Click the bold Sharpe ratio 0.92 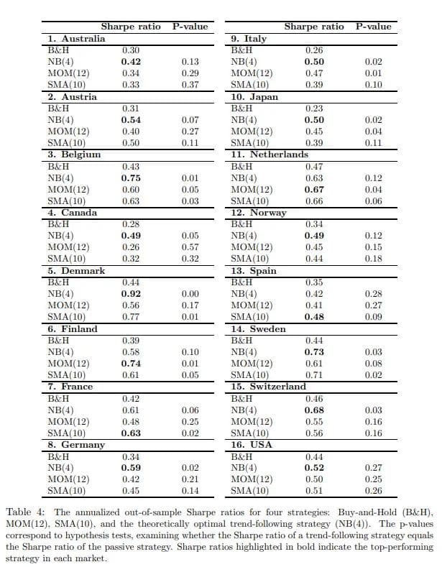(131, 294)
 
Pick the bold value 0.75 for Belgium (131, 178)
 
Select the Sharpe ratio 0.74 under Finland (131, 364)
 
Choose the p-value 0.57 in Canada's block (190, 247)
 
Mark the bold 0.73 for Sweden (314, 351)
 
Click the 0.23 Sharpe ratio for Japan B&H (314, 108)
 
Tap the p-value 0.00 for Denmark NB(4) (190, 294)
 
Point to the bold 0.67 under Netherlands (314, 190)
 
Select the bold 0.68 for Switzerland (314, 410)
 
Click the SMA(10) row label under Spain (250, 317)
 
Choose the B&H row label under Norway (241, 224)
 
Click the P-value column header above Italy (374, 27)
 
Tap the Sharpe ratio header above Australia (131, 27)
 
